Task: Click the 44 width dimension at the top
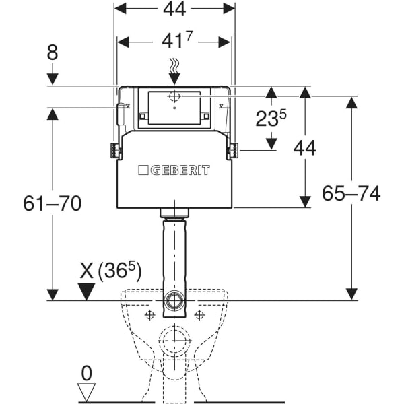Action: pyautogui.click(x=174, y=9)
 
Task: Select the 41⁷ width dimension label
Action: pyautogui.click(x=174, y=42)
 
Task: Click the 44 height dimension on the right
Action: pyautogui.click(x=304, y=147)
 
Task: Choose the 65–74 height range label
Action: pyautogui.click(x=351, y=194)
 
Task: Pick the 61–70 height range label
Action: pyautogui.click(x=52, y=202)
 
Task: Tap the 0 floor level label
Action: pyautogui.click(x=86, y=371)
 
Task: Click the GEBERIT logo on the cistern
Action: pyautogui.click(x=174, y=170)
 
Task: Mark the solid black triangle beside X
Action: pyautogui.click(x=87, y=290)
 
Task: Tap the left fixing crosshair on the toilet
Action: pyautogui.click(x=148, y=315)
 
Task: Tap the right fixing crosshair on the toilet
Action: pyautogui.click(x=199, y=315)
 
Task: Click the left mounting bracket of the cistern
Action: pyautogui.click(x=115, y=150)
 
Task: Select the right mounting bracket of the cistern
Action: pyautogui.click(x=234, y=150)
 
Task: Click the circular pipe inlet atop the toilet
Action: pyautogui.click(x=174, y=299)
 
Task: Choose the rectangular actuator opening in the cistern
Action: pyautogui.click(x=174, y=108)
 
